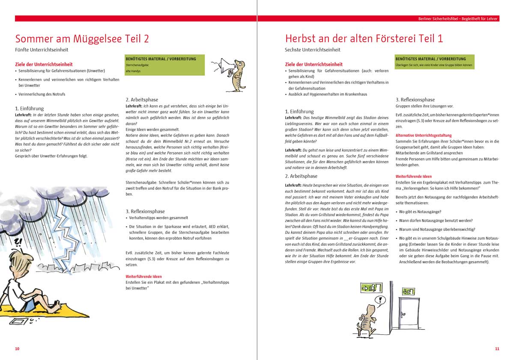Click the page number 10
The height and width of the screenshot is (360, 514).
[x=17, y=349]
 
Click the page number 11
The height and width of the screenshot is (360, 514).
[x=497, y=349]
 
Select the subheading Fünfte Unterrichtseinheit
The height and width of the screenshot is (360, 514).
[x=42, y=50]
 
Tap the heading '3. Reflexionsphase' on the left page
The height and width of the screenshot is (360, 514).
[x=145, y=211]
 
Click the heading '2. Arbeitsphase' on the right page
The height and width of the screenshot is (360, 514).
[x=301, y=176]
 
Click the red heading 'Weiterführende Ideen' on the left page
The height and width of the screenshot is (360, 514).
[x=143, y=277]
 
